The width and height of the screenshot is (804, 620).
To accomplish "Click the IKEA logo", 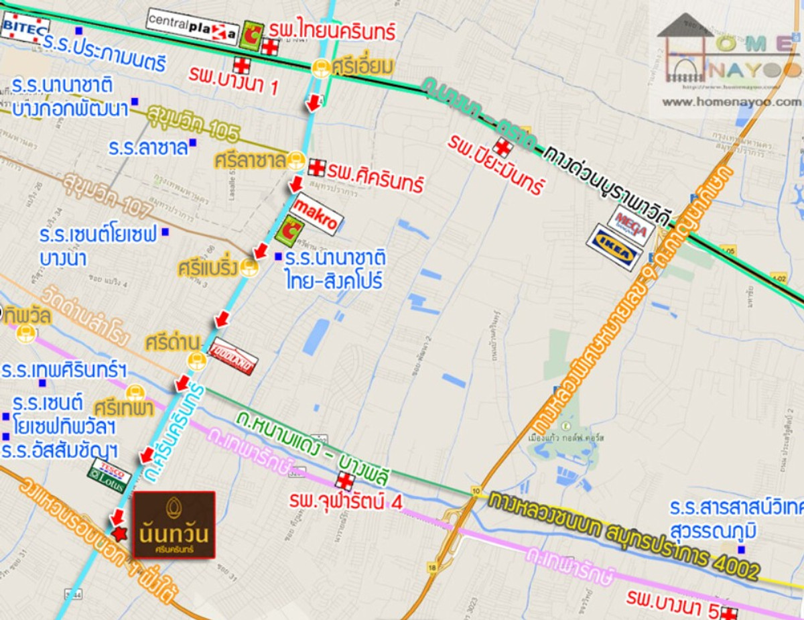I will coord(614,247).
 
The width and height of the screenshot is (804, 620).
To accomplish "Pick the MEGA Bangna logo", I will coord(630,224).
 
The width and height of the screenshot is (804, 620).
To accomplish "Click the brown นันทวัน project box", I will coord(174,525).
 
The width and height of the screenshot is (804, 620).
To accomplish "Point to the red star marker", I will coord(120,533).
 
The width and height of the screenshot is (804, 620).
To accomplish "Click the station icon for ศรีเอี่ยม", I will coord(321,67).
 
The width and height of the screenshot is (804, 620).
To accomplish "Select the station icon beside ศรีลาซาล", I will coord(295,161).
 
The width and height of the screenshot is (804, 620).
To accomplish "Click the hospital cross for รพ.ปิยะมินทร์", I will coord(501,147).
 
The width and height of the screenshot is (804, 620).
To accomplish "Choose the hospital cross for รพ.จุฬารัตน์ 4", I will coord(344,481).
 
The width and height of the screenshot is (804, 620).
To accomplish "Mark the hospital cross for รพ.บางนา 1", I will coord(242,65).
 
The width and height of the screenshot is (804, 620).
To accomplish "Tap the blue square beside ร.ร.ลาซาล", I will coord(193,142).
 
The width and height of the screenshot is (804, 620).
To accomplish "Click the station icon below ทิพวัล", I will coord(26,333).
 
